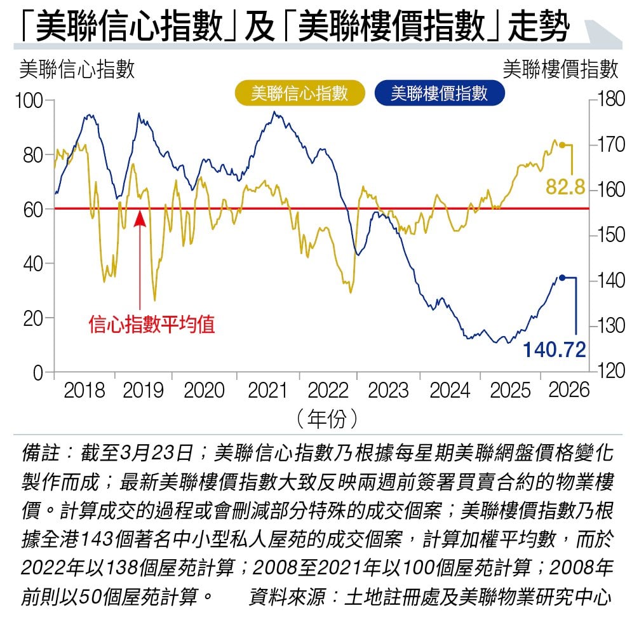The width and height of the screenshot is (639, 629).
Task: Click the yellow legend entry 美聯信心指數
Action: pos(300,93)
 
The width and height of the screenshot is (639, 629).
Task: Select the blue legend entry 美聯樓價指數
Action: pos(440,93)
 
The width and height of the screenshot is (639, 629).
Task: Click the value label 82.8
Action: pos(565,188)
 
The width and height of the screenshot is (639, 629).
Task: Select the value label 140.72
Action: pos(554,349)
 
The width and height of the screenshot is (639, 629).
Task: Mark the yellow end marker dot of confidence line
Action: pos(562,145)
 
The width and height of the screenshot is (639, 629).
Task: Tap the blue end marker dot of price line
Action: pos(562,277)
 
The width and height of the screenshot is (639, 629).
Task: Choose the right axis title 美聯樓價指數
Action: pos(560,69)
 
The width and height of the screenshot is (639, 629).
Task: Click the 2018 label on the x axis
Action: pos(84,390)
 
